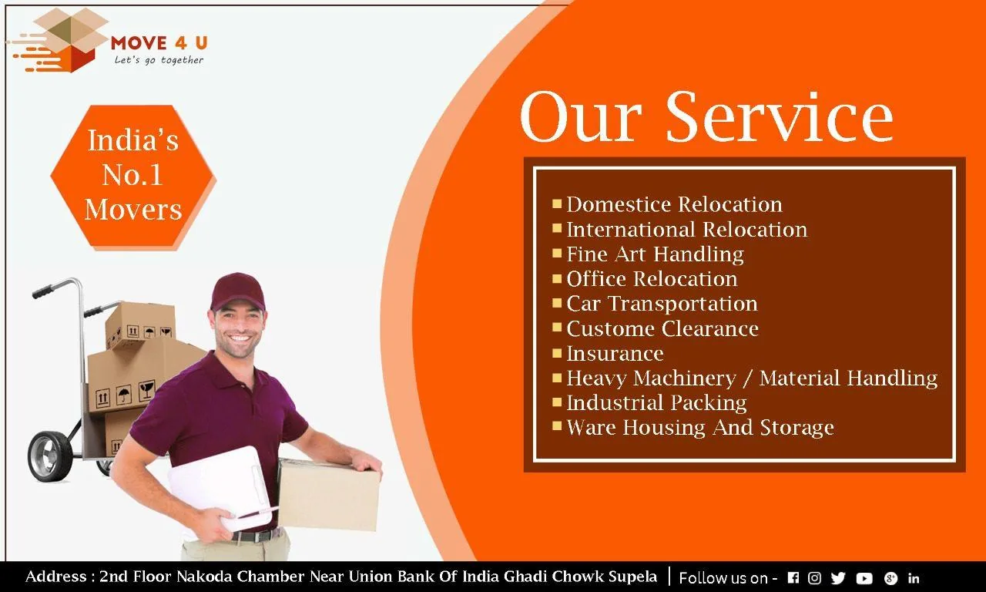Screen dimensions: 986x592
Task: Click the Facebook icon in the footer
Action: coord(793,577)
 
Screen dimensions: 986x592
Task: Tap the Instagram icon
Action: coord(814,577)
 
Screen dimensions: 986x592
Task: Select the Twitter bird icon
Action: coord(838,578)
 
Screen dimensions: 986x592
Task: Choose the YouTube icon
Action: coord(864,578)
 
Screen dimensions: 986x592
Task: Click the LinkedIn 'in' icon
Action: coord(914,577)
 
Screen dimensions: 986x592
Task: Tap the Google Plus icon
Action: coord(890,578)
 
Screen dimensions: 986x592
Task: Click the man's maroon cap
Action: coord(237,291)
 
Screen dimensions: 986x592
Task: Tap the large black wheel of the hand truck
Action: coord(49,457)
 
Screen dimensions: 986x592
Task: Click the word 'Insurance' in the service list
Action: coord(615,354)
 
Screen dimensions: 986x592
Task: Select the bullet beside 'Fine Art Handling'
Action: coord(557,254)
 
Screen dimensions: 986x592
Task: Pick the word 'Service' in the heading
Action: coord(780,116)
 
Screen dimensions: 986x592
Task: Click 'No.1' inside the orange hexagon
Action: coord(132,175)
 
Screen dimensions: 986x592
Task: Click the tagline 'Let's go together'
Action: coord(159,60)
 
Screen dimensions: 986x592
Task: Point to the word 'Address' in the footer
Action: coord(56,577)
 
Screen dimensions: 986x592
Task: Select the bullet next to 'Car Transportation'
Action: coord(557,303)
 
